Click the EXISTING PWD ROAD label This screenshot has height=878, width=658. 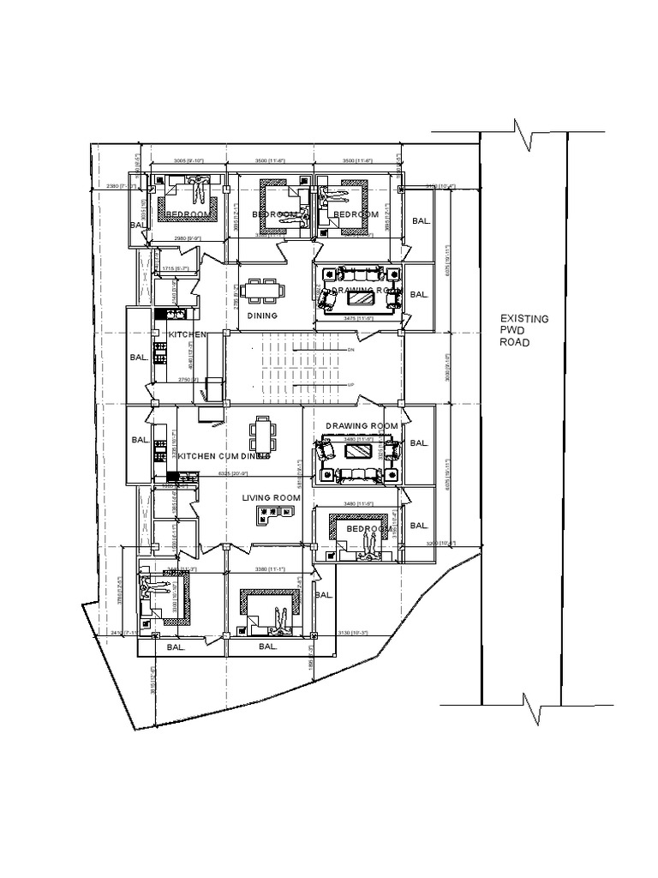524,330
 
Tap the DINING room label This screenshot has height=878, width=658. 263,316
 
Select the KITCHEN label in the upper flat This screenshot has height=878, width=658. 187,334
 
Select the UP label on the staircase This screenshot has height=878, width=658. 350,385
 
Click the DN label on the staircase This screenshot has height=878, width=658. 350,350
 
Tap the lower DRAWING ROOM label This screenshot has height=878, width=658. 362,426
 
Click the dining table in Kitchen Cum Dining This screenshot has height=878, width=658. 262,435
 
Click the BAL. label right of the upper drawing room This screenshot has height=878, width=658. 420,294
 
